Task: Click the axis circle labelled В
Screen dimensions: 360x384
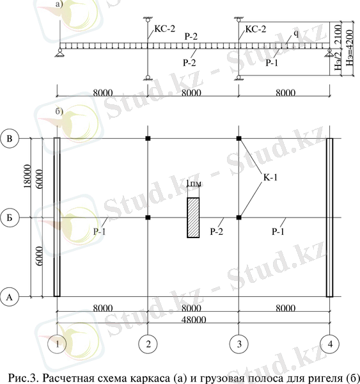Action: coord(10,139)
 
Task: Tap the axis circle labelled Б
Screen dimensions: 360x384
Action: coord(10,218)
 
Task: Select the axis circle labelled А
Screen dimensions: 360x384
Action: coord(10,297)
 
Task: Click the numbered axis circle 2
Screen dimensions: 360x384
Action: coord(148,344)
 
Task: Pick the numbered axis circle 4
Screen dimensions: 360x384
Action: coord(330,344)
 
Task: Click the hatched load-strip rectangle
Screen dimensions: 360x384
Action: coord(193,218)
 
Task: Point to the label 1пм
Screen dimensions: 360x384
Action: coord(194,184)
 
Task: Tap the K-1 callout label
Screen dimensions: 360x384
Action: coord(270,177)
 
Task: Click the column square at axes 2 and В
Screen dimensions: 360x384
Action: coord(148,138)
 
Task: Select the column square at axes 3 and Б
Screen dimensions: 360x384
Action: coord(239,218)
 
